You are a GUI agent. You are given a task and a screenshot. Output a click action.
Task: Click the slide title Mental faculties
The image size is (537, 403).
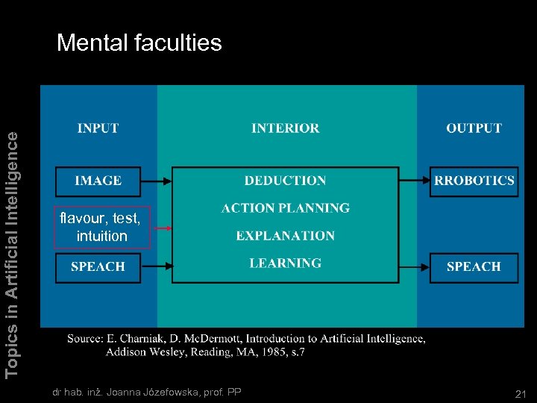pyautogui.click(x=139, y=43)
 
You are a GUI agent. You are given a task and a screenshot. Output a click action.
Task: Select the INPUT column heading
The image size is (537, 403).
pyautogui.click(x=98, y=128)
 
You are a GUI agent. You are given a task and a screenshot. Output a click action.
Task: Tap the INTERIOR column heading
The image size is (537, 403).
pyautogui.click(x=286, y=128)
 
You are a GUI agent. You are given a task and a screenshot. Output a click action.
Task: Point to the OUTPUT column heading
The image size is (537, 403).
pyautogui.click(x=474, y=128)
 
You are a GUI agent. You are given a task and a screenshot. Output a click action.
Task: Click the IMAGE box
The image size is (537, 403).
pyautogui.click(x=98, y=181)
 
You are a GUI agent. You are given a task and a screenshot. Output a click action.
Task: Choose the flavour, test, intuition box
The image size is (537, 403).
pyautogui.click(x=102, y=227)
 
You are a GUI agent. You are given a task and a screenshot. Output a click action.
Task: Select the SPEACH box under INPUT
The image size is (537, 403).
pyautogui.click(x=98, y=266)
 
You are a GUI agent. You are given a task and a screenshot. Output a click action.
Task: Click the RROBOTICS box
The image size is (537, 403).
pyautogui.click(x=474, y=181)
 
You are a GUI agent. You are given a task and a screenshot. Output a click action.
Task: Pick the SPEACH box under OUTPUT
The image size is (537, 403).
pyautogui.click(x=474, y=266)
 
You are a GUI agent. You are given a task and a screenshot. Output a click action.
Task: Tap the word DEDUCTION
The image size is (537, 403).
pyautogui.click(x=286, y=181)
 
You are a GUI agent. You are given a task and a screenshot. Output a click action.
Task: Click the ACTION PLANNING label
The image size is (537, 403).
pyautogui.click(x=286, y=208)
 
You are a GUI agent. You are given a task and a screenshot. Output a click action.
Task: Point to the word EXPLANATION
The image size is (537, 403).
pyautogui.click(x=286, y=236)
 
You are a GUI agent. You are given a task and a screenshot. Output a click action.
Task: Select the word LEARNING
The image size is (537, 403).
pyautogui.click(x=286, y=263)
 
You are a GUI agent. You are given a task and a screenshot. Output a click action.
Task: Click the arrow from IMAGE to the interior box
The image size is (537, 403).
pyautogui.click(x=157, y=181)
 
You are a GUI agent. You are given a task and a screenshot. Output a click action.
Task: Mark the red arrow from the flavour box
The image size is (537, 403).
pyautogui.click(x=161, y=228)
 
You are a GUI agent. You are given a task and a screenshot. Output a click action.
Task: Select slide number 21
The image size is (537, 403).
pyautogui.click(x=521, y=393)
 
